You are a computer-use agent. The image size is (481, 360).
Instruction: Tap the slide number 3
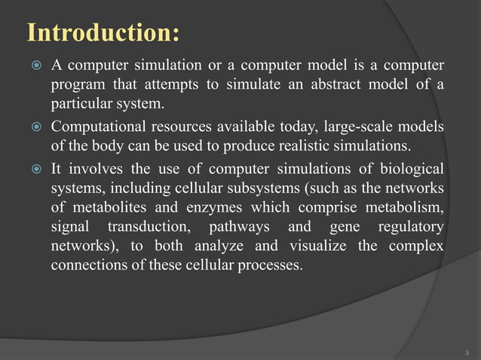tap(468, 352)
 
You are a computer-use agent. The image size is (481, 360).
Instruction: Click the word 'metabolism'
tap(404, 207)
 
